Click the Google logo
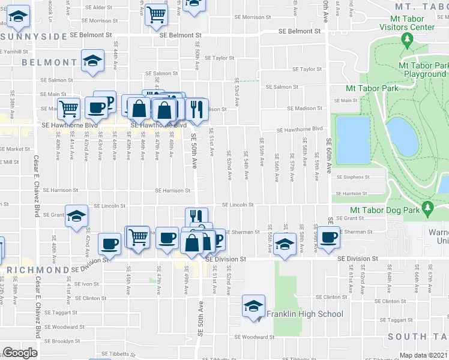[x=20, y=352]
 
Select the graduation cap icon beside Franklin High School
[x=253, y=306]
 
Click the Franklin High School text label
[x=305, y=314]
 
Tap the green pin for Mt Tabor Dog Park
[x=427, y=209]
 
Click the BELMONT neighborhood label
[x=49, y=62]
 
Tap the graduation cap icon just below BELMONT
[x=92, y=62]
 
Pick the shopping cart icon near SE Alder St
[x=156, y=14]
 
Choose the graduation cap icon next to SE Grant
[x=76, y=215]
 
